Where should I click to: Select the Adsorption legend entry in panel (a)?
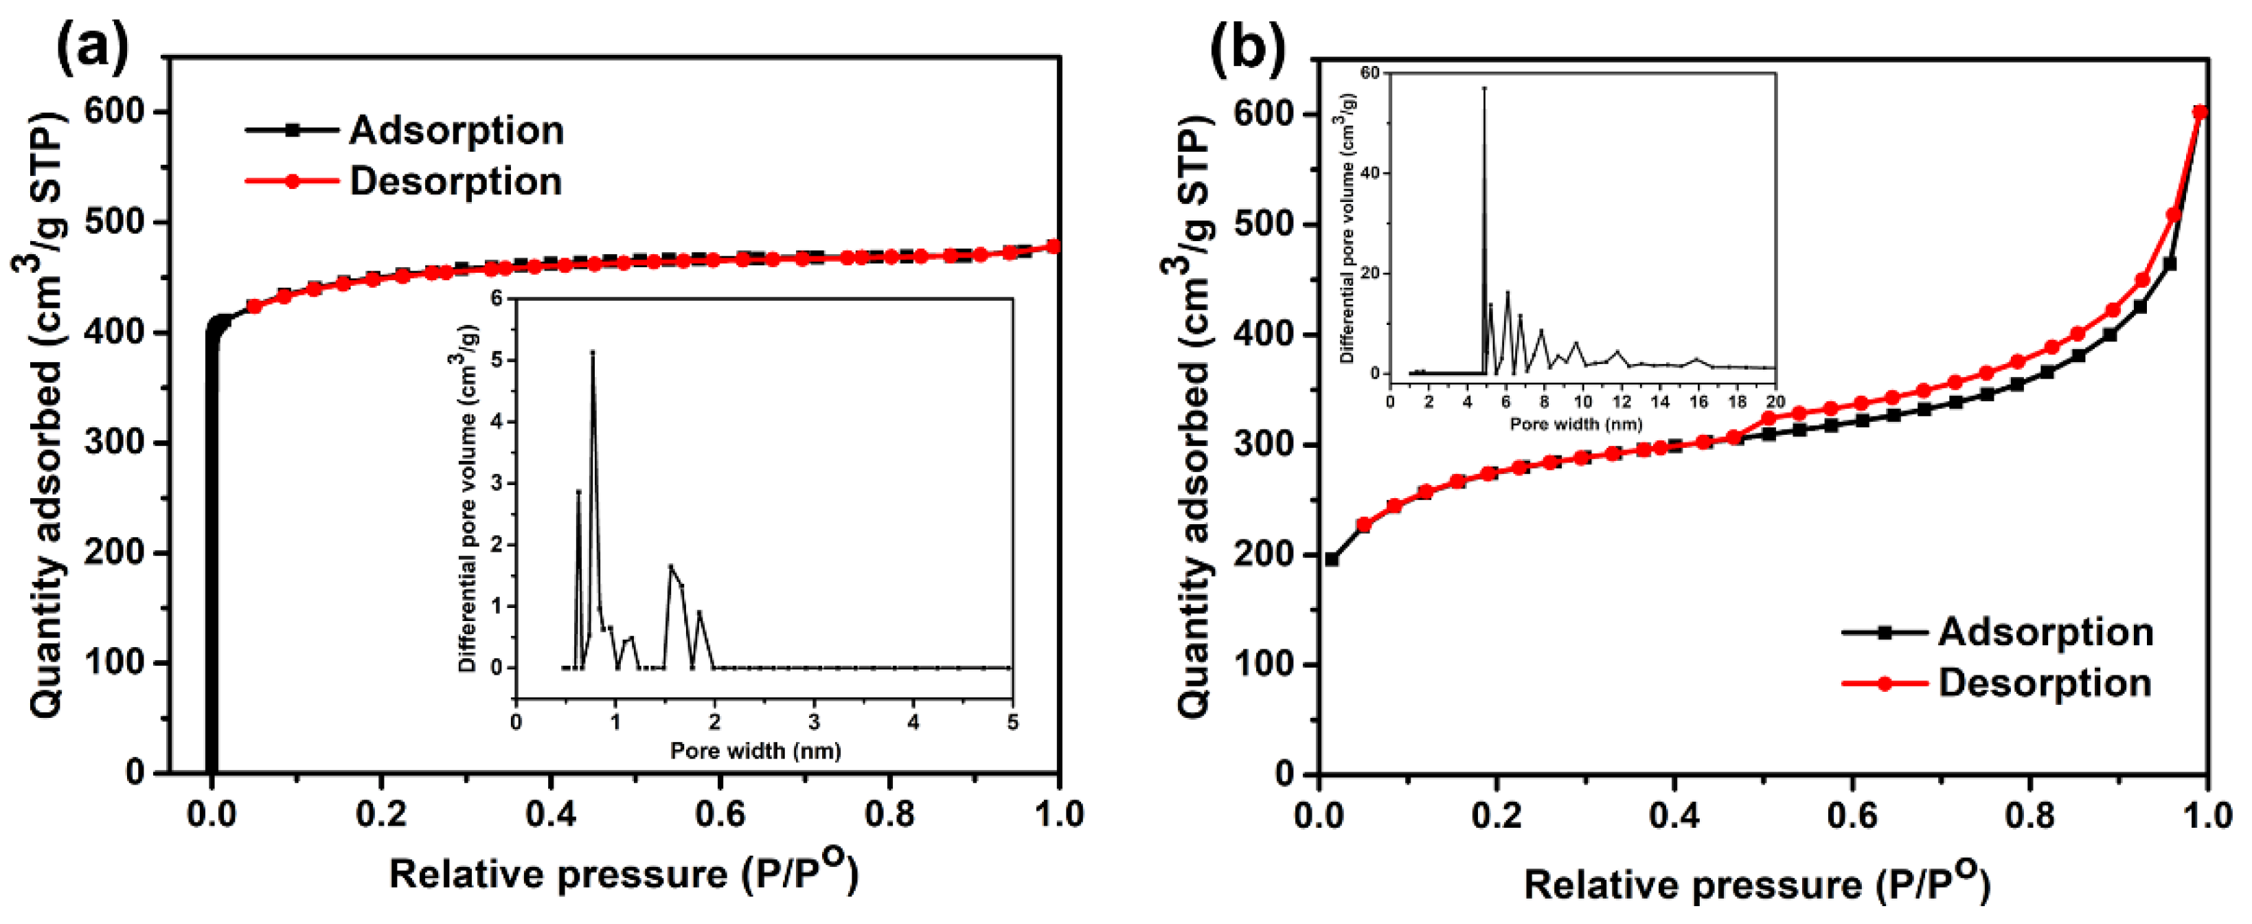(455, 131)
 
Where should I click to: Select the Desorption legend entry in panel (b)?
(2044, 683)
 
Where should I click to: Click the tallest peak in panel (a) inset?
(593, 353)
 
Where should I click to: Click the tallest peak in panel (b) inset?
(1483, 89)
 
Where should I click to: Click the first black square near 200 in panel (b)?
(1332, 559)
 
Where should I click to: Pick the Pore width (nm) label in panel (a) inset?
(755, 750)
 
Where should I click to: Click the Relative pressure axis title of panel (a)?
(622, 873)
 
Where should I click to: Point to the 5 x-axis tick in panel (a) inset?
(1012, 723)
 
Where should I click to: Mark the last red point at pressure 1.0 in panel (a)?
(1054, 247)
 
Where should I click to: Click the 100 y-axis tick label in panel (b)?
(1263, 664)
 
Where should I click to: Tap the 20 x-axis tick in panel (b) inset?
(1775, 401)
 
